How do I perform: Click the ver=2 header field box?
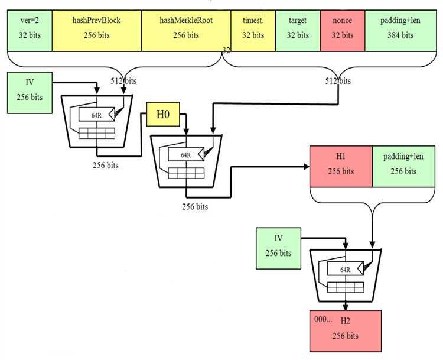point(30,31)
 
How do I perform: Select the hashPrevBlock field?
point(97,31)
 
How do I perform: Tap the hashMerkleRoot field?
point(186,31)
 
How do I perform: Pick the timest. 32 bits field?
point(253,31)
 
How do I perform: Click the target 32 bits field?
point(298,31)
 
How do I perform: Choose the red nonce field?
point(343,31)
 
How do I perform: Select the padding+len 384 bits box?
point(400,31)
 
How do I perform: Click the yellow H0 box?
point(163,114)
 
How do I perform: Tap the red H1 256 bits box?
point(341,167)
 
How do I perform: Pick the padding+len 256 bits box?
point(404,167)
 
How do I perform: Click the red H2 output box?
point(346,331)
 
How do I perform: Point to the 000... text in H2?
point(323,319)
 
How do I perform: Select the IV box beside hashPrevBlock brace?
point(30,93)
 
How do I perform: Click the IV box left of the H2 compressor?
point(278,248)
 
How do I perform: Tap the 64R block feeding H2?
point(346,268)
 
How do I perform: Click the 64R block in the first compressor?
point(97,115)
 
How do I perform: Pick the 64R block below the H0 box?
point(186,154)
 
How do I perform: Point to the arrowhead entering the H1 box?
point(307,167)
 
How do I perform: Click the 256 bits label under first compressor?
point(106,166)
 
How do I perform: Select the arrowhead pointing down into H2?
point(346,307)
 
